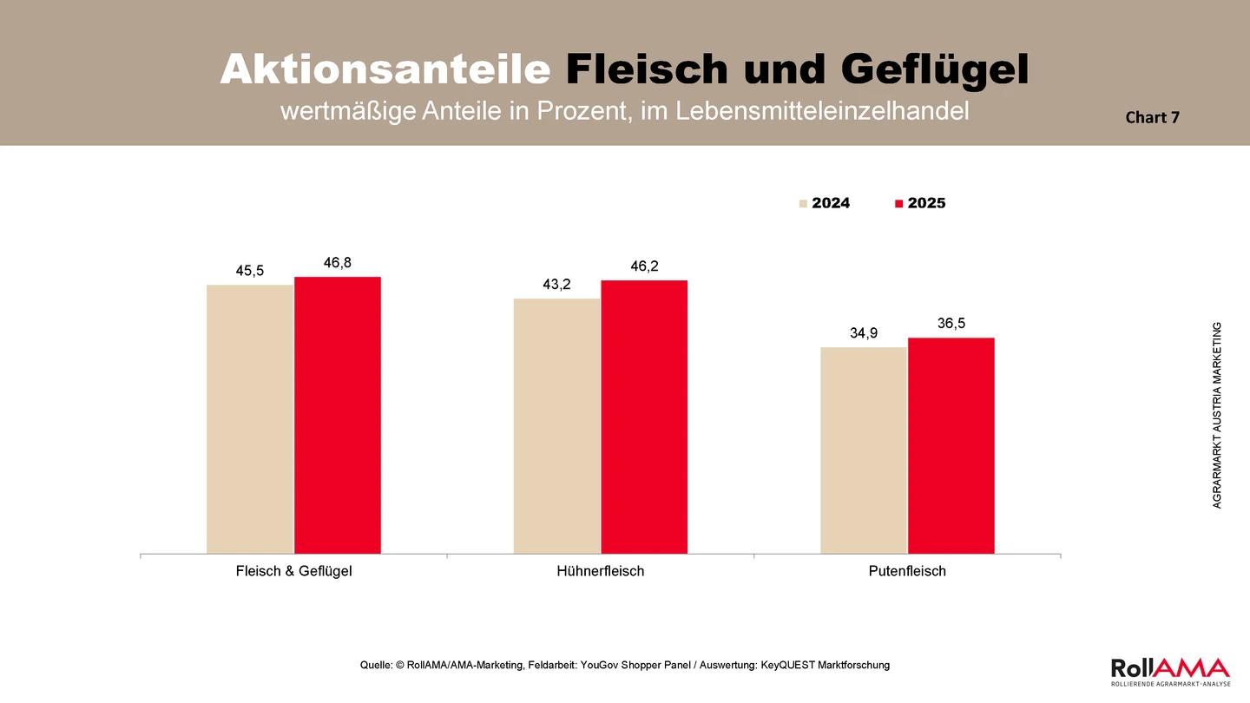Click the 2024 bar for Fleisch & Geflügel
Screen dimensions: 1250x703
(250, 419)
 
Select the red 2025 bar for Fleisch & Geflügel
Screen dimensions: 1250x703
(338, 416)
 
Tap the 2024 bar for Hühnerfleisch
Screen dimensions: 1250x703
(557, 426)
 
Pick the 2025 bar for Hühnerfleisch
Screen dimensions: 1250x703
(644, 417)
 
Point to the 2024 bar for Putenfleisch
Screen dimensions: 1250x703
(864, 450)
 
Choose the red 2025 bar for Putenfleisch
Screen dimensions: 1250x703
(951, 446)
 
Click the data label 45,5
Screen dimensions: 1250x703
(249, 271)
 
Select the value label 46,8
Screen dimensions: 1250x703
(338, 263)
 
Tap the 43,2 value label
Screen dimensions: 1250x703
(557, 285)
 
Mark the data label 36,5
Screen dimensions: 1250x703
(951, 324)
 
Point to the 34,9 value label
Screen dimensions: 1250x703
(864, 333)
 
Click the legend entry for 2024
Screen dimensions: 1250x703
(825, 203)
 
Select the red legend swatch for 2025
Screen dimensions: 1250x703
(898, 204)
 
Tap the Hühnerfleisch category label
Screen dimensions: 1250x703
(601, 571)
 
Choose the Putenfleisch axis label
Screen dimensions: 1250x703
(907, 571)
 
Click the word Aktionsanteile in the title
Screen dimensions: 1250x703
(385, 69)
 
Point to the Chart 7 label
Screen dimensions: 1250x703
(1153, 117)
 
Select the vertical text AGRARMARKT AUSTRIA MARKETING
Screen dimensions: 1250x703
(1217, 415)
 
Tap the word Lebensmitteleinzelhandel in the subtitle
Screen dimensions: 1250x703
(822, 111)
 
